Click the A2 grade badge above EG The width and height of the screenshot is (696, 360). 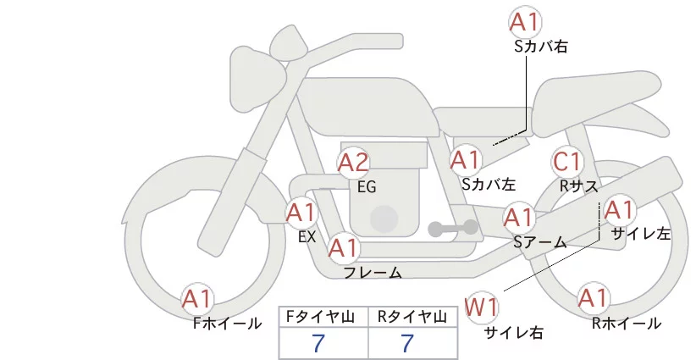click(x=353, y=163)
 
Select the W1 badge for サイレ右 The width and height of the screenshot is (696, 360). click(x=483, y=306)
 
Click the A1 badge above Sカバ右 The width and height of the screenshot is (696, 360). click(x=525, y=23)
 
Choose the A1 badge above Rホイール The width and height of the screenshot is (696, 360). click(x=592, y=298)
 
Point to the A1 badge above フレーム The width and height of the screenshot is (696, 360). click(x=343, y=249)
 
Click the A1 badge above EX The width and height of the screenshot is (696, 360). click(x=301, y=212)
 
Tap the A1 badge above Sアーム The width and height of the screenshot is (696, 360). click(x=518, y=217)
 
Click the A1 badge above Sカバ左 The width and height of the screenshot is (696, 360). click(x=465, y=159)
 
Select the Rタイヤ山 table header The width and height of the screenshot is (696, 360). click(x=412, y=317)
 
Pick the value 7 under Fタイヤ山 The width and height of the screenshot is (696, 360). click(x=319, y=343)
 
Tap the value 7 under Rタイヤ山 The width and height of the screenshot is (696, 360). click(x=408, y=343)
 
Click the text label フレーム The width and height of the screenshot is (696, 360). click(x=372, y=272)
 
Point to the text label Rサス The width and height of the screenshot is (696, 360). click(x=579, y=184)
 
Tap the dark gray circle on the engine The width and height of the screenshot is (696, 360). click(x=385, y=219)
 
